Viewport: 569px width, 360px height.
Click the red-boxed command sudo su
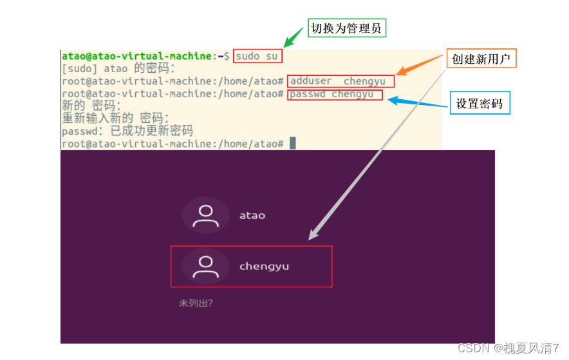pyautogui.click(x=257, y=56)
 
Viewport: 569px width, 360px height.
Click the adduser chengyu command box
pyautogui.click(x=340, y=81)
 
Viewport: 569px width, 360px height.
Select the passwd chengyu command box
pyautogui.click(x=335, y=94)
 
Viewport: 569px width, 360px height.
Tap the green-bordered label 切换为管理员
pyautogui.click(x=348, y=28)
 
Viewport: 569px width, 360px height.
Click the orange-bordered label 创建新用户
pyautogui.click(x=481, y=59)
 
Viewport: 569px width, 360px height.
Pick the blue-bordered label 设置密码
pyautogui.click(x=480, y=103)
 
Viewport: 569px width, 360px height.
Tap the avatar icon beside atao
pyautogui.click(x=206, y=215)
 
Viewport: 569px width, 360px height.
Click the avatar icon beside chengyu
pyautogui.click(x=206, y=266)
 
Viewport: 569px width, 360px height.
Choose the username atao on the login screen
pyautogui.click(x=252, y=215)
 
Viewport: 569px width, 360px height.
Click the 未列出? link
pyautogui.click(x=196, y=303)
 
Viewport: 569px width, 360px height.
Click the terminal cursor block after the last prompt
pyautogui.click(x=292, y=143)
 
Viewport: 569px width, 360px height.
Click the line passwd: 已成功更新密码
pyautogui.click(x=127, y=131)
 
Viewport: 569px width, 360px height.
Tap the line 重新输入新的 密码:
pyautogui.click(x=116, y=118)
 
